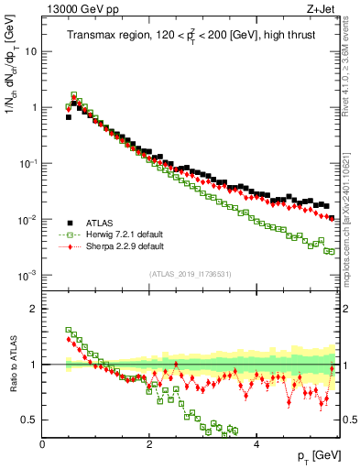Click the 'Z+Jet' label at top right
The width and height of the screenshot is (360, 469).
[321, 9]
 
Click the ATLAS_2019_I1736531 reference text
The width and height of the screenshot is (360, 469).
[189, 274]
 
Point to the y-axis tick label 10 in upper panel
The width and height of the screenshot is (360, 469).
[30, 51]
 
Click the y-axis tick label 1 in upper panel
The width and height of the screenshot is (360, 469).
[34, 107]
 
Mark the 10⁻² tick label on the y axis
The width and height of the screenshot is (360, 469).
[28, 220]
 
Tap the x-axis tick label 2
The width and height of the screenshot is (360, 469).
[149, 443]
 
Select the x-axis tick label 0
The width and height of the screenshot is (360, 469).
[43, 443]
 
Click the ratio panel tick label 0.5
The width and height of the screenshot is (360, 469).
[29, 420]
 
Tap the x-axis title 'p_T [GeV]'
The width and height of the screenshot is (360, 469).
[311, 455]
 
